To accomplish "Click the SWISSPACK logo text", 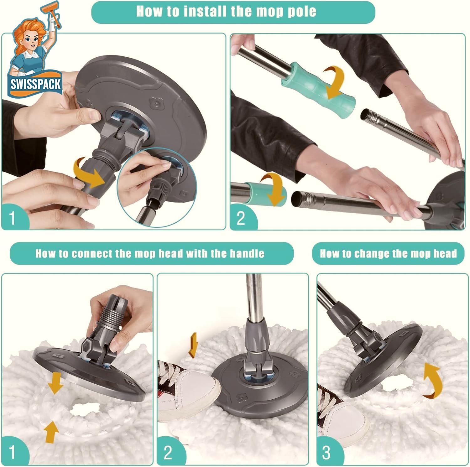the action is (x=36, y=84).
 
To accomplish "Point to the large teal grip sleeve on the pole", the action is (x=319, y=85).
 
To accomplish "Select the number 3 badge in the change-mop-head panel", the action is (x=326, y=452).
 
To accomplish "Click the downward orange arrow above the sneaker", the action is (x=193, y=345).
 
